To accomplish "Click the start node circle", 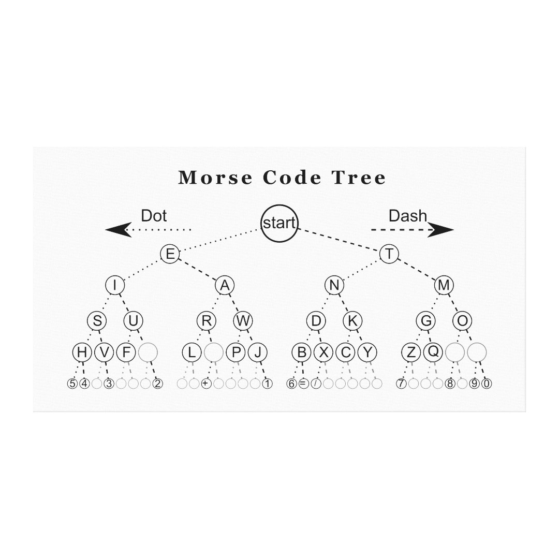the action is [x=279, y=224].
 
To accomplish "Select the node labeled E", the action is [x=170, y=254].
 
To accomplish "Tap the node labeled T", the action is [x=389, y=254].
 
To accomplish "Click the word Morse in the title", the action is [x=215, y=178].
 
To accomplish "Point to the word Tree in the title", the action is [x=359, y=178].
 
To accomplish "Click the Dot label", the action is [x=154, y=216].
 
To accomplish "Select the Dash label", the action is [x=407, y=216].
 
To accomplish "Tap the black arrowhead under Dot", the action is [x=119, y=230].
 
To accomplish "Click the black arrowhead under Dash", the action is [x=440, y=230].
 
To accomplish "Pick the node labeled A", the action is [x=225, y=285].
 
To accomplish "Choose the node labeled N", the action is [x=334, y=285].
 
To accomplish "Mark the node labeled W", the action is [x=243, y=320].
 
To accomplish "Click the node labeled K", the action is [x=352, y=320].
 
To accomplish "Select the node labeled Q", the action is [x=433, y=352].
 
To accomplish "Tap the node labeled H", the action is [x=82, y=352].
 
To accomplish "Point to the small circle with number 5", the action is [x=72, y=384].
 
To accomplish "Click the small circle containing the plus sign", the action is [x=206, y=384].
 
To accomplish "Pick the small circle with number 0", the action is [x=487, y=384].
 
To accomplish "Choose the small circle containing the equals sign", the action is [x=303, y=384].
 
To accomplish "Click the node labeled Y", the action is [x=367, y=352].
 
